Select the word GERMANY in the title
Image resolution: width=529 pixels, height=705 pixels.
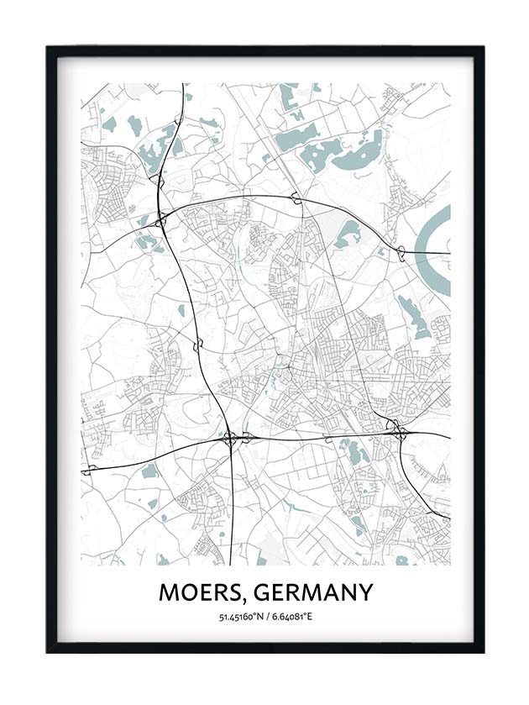coord(312,593)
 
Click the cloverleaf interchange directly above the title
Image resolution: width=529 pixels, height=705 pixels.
coord(230,437)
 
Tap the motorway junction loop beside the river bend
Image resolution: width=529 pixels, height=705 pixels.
coord(401,250)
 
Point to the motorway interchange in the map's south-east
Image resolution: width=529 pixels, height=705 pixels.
coord(396,431)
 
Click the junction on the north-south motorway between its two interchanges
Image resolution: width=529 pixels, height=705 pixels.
coord(199,345)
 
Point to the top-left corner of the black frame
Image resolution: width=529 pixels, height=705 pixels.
coord(48,47)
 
